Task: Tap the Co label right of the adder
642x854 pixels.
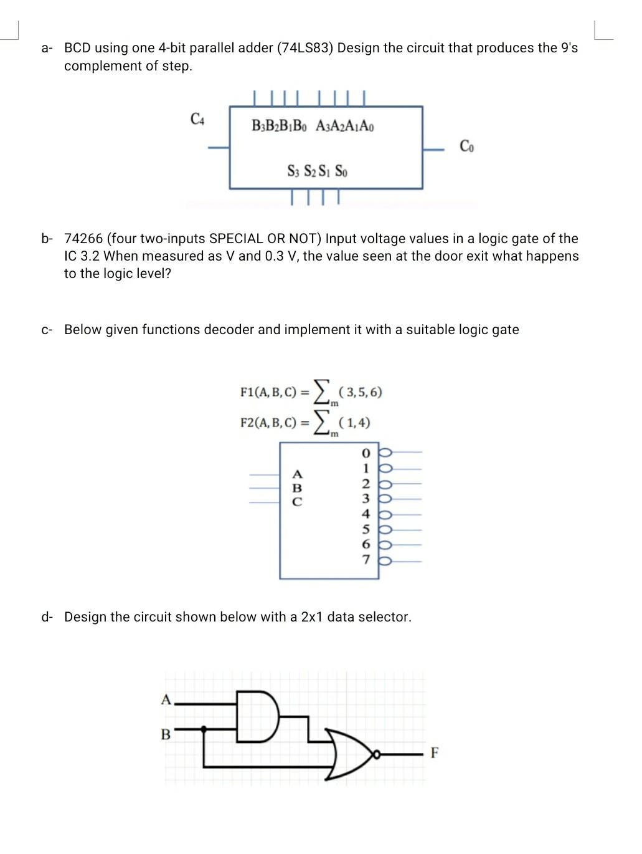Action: [466, 146]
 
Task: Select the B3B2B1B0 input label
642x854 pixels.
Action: [279, 126]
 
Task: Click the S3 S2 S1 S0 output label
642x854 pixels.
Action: [317, 170]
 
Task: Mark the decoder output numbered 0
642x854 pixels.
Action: [366, 452]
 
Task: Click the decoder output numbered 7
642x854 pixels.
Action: [366, 560]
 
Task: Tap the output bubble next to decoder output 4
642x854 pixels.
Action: [384, 514]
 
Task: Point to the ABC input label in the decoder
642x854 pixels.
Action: [297, 487]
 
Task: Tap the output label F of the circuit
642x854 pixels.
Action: [434, 753]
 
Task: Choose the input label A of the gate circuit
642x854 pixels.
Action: [166, 699]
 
